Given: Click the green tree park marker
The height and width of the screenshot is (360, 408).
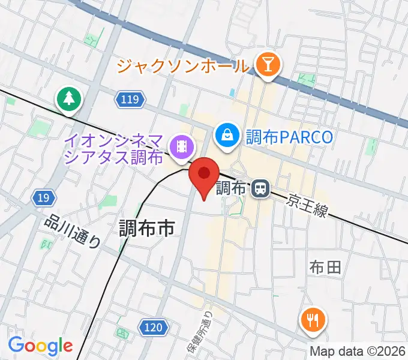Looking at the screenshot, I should click(69, 99).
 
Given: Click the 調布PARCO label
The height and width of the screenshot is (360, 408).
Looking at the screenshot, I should click(289, 137).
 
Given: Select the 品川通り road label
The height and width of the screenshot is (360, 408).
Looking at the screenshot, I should click(73, 230).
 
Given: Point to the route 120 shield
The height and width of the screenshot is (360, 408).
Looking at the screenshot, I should click(154, 327).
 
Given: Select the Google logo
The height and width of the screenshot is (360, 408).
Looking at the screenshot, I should click(40, 346).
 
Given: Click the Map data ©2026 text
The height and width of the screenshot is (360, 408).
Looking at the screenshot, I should click(358, 351).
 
